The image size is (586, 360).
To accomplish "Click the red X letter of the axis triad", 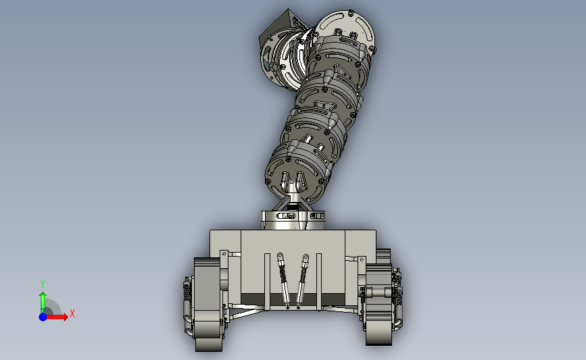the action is click(x=72, y=313).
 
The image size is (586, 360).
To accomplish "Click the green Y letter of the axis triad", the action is click(x=43, y=284).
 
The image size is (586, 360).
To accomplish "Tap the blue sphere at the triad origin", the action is click(x=43, y=317).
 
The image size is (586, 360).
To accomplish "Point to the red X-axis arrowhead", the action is click(x=65, y=317).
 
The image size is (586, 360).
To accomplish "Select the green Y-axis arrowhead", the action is click(x=43, y=296).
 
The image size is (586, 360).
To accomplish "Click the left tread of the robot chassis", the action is click(x=207, y=305).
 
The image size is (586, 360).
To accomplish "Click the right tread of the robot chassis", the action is click(x=379, y=299).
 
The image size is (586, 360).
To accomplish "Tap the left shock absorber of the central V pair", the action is click(x=283, y=280).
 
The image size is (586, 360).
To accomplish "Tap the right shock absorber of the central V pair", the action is click(x=302, y=281).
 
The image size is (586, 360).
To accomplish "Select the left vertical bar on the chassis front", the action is click(x=267, y=282).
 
